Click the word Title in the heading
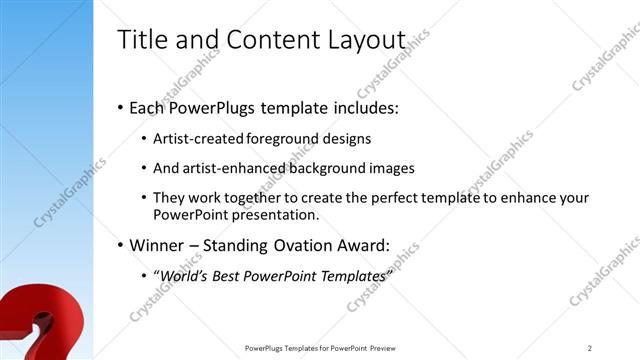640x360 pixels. coord(141,40)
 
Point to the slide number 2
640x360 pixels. coord(590,348)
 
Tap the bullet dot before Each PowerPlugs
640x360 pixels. coord(120,107)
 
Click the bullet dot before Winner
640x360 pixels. coord(120,244)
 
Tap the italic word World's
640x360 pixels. coord(185,275)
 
